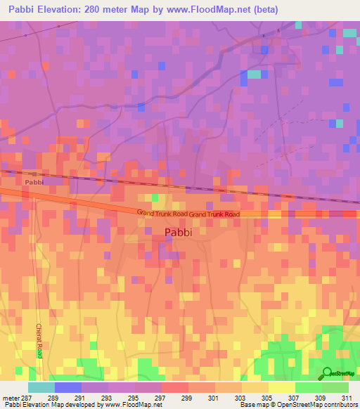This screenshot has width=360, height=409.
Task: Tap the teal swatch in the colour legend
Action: (x=41, y=387)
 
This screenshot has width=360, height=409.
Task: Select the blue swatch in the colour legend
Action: (x=68, y=387)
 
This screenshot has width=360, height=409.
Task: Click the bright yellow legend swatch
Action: (x=281, y=387)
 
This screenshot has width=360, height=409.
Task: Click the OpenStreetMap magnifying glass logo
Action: (x=328, y=372)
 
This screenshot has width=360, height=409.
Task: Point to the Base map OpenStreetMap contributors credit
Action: (x=300, y=405)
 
